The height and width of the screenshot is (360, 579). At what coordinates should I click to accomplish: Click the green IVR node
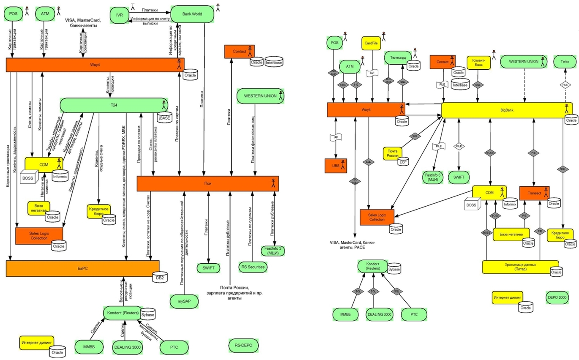tap(119, 15)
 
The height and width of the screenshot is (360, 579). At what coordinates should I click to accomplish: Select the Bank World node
tap(192, 14)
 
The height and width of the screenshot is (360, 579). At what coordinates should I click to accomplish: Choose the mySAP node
tap(182, 302)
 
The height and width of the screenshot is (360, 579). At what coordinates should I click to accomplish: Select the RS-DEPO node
tap(243, 345)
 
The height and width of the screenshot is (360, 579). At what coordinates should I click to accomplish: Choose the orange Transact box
tap(534, 193)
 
